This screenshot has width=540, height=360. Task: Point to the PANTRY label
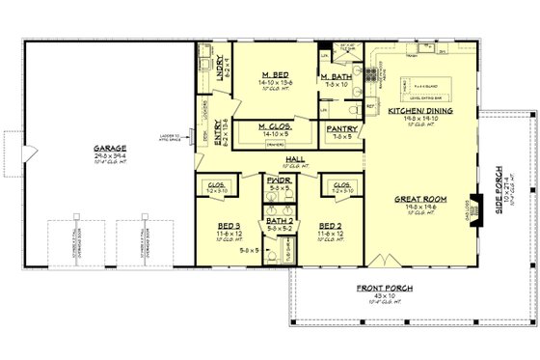click(x=342, y=128)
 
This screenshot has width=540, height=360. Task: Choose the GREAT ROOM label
click(x=417, y=200)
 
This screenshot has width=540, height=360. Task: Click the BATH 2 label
click(x=278, y=222)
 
